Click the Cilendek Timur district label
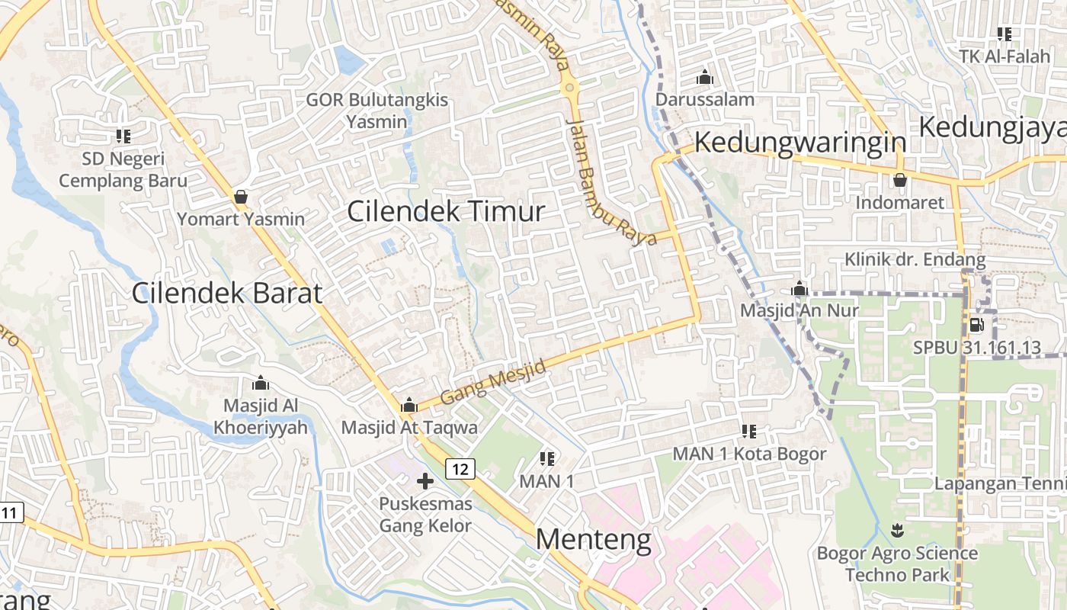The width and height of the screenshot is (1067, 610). [x=446, y=211]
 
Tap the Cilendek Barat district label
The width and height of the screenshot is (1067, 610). [x=226, y=293]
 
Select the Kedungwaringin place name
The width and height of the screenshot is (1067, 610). [x=800, y=143]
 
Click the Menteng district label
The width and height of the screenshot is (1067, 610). [x=594, y=540]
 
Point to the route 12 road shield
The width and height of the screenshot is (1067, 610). [x=460, y=468]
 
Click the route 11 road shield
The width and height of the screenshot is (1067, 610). [x=9, y=512]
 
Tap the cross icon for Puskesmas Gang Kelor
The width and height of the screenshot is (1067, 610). [x=425, y=481]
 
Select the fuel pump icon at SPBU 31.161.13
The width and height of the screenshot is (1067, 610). [x=976, y=326]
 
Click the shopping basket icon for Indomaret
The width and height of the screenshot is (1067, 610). [x=899, y=181]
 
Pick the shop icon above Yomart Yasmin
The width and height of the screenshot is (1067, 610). [x=241, y=197]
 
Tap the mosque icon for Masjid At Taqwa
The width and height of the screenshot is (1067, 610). [x=409, y=405]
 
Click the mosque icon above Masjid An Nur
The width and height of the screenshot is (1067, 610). [x=799, y=289]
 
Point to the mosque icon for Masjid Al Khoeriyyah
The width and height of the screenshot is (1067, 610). [x=261, y=383]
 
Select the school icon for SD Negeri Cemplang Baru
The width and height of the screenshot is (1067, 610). [x=123, y=136]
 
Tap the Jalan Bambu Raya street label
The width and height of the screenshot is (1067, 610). [x=610, y=183]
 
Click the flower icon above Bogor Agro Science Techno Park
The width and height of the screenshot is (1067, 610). [x=897, y=530]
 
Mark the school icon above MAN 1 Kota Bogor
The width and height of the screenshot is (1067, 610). [x=748, y=432]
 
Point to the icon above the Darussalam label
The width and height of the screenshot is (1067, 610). [x=704, y=78]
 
